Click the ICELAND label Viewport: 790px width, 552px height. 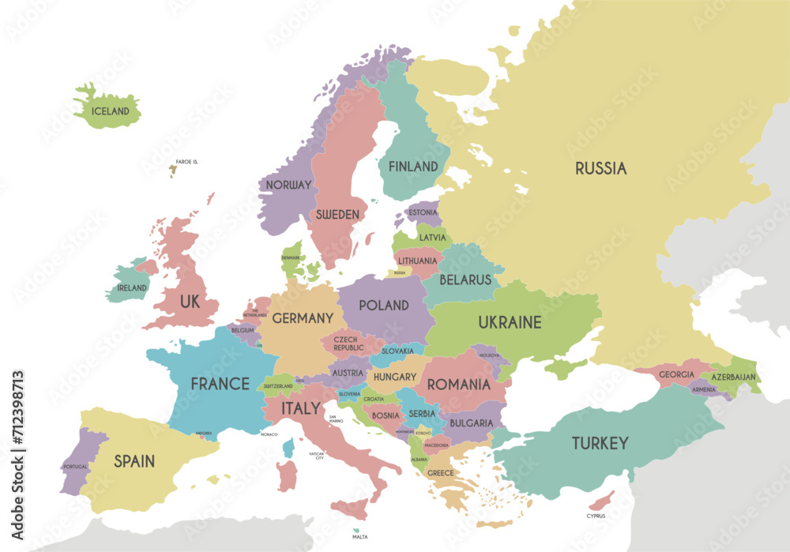click(x=110, y=111)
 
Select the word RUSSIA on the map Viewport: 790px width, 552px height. click(x=600, y=168)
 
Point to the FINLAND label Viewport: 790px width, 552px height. click(x=412, y=167)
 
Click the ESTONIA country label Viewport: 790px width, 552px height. click(x=423, y=212)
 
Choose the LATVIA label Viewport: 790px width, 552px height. click(x=432, y=237)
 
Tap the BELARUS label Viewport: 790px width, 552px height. click(x=465, y=280)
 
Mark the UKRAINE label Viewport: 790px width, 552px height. click(x=510, y=322)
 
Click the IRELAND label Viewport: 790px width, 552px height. click(x=132, y=288)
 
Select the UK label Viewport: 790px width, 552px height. click(x=190, y=302)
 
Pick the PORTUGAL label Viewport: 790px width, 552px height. click(x=75, y=467)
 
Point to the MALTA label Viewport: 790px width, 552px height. click(x=359, y=537)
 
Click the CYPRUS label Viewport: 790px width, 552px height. click(x=596, y=516)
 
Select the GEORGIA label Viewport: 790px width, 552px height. click(x=676, y=374)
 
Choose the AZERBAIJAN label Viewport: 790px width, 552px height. click(x=734, y=377)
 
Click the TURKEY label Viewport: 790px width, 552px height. click(x=600, y=443)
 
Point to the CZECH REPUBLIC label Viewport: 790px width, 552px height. click(x=348, y=344)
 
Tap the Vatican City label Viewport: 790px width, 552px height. click(x=317, y=456)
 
